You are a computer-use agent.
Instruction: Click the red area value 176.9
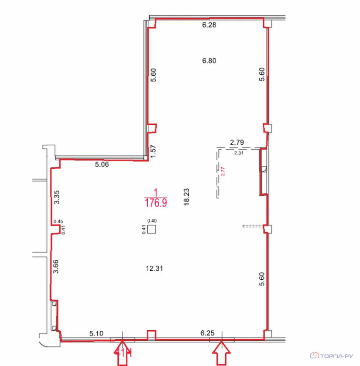(156, 203)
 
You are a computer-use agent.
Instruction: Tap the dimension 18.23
(186, 197)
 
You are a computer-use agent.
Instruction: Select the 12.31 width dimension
(154, 268)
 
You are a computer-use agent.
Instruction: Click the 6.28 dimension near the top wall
(209, 25)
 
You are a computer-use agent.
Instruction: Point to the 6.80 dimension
(209, 61)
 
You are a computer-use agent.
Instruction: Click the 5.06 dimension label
(102, 164)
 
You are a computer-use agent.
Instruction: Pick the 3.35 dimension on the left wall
(57, 197)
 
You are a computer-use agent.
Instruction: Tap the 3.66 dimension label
(56, 266)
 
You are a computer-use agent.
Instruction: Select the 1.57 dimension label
(153, 151)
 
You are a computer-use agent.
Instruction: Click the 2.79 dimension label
(237, 142)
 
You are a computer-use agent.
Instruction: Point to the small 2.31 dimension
(239, 153)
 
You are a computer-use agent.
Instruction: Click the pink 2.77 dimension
(223, 171)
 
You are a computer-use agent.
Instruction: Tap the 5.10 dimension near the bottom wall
(96, 333)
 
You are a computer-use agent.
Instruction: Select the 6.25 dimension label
(207, 333)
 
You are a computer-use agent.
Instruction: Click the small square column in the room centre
(152, 229)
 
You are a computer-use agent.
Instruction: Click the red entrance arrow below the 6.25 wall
(221, 353)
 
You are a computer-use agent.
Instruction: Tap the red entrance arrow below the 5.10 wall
(122, 353)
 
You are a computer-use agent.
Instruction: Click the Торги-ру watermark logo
(331, 356)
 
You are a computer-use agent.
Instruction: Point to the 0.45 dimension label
(58, 221)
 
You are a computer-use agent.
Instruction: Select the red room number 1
(156, 193)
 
